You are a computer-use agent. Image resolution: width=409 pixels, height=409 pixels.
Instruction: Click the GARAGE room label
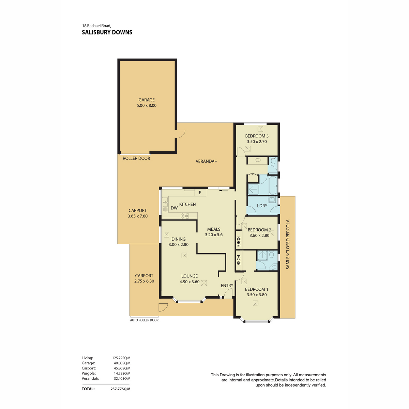tap(147, 100)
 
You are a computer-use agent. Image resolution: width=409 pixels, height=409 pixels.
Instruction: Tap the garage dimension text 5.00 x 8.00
tap(147, 105)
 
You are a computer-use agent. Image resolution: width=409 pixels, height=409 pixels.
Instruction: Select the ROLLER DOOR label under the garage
tap(136, 158)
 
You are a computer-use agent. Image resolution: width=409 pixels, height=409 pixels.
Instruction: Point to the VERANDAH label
tap(207, 161)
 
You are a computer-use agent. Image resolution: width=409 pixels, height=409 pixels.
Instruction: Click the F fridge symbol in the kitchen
tap(200, 193)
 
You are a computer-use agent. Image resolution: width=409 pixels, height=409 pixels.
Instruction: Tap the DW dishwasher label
tap(174, 208)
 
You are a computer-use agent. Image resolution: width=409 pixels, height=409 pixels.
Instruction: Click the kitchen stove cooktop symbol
tap(185, 216)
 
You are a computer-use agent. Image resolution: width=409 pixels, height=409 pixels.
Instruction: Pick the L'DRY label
tap(262, 206)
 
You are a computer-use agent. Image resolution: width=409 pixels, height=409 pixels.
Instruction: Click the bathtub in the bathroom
tap(273, 185)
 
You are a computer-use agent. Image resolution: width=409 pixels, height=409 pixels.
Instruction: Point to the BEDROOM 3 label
tap(257, 136)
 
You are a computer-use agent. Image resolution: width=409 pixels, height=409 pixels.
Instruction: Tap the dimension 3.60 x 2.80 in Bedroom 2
tap(259, 236)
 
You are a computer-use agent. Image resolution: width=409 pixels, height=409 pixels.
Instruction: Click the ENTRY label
tap(227, 286)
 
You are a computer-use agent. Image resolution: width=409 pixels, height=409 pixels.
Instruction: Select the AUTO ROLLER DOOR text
tap(144, 320)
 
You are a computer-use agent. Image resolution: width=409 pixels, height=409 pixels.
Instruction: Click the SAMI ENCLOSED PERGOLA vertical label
tap(288, 244)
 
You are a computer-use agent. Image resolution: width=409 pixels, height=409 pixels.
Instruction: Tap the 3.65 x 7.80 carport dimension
tap(138, 216)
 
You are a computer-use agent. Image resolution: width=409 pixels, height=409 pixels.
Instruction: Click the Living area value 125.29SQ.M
tap(121, 358)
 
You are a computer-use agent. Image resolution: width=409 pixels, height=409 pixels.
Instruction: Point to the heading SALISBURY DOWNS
tap(107, 32)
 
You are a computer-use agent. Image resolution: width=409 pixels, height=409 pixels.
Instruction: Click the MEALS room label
tap(214, 229)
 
